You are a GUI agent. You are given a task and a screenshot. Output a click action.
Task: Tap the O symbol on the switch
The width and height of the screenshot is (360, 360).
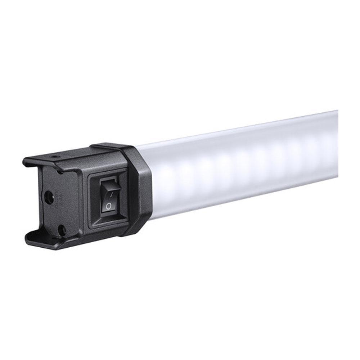tap(108, 206)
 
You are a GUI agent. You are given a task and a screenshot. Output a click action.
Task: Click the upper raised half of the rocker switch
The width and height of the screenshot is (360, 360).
tap(110, 191)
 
